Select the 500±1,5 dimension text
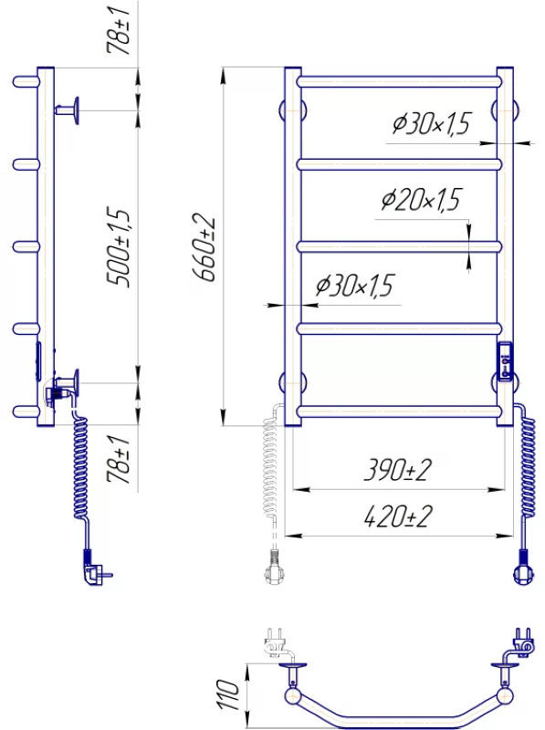[118, 247]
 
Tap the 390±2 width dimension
[397, 470]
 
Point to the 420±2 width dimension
[398, 516]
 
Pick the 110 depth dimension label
[229, 694]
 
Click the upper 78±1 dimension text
[118, 30]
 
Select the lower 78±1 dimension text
[118, 460]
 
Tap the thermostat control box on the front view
[505, 361]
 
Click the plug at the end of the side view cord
[96, 568]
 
